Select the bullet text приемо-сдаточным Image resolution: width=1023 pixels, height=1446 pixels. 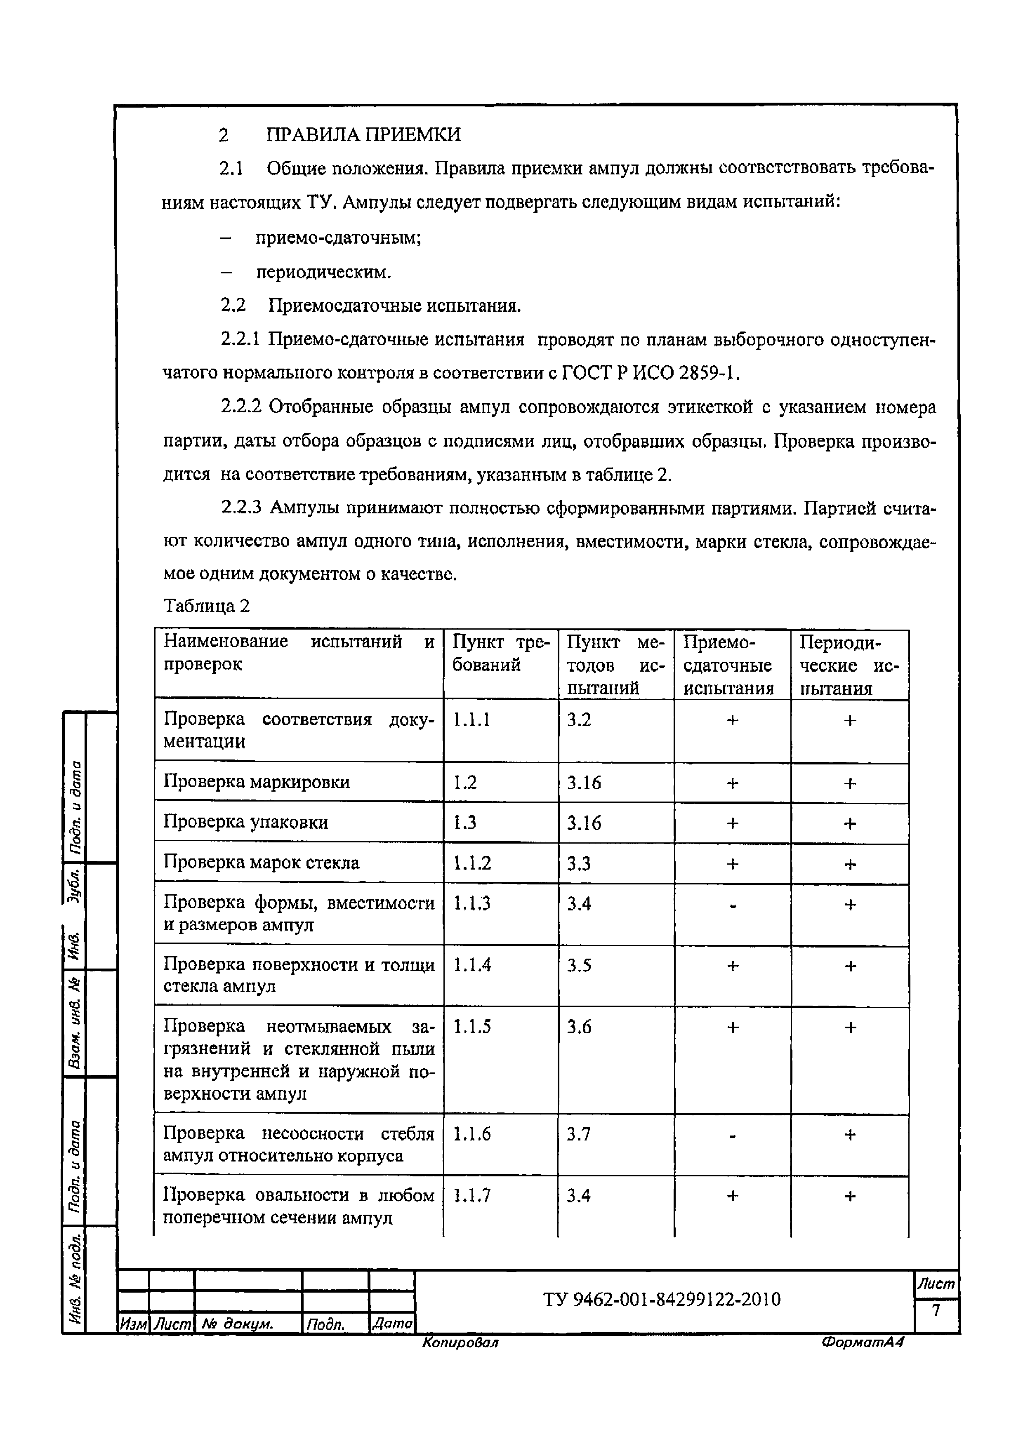coord(338,237)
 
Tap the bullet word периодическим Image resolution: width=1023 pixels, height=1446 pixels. coord(323,272)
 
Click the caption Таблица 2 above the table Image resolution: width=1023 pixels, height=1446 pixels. coord(207,606)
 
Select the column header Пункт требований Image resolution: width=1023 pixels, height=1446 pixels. coord(500,653)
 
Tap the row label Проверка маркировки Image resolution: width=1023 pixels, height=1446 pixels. coord(257,782)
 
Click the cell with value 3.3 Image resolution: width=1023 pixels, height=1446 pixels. coord(578,863)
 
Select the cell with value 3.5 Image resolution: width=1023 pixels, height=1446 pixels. coord(578,966)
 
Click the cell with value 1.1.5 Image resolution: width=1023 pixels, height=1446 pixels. coord(472,1027)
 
